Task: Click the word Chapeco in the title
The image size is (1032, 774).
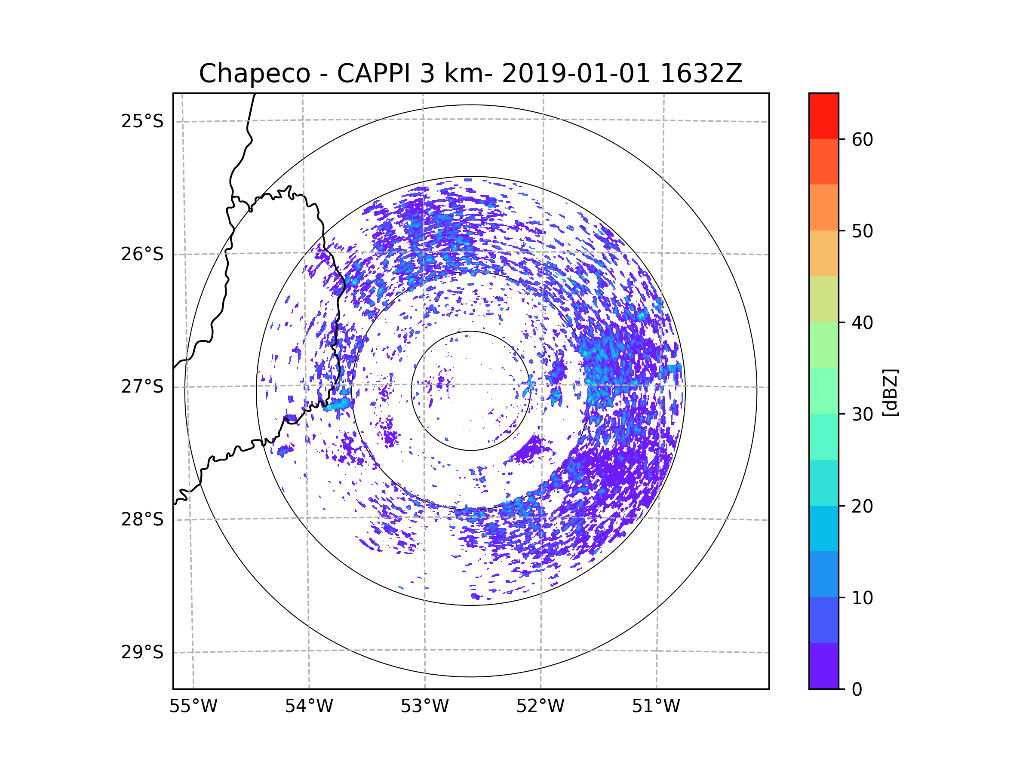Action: [255, 74]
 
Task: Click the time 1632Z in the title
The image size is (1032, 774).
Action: [701, 73]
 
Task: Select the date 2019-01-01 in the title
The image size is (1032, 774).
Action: [576, 73]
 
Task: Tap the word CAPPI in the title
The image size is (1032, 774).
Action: [374, 73]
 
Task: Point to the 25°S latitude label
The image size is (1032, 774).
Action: [142, 121]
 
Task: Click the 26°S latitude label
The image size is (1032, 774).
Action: [142, 254]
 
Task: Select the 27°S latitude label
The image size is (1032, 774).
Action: [142, 387]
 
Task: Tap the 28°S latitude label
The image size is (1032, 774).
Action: [142, 519]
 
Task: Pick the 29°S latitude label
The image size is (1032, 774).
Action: [142, 652]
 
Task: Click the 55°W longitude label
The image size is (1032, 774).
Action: [193, 706]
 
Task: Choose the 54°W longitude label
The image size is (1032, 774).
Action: [309, 706]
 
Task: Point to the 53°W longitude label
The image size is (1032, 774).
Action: [424, 706]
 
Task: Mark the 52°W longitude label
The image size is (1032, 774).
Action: [540, 706]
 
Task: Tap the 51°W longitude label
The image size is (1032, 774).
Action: [656, 706]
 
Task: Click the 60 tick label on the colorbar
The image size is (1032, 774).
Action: [862, 139]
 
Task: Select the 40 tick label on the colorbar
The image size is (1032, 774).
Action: [862, 323]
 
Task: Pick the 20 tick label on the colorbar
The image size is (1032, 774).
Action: [862, 506]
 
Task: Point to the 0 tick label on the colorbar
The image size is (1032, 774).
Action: [857, 690]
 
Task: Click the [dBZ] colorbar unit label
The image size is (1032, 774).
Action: [890, 392]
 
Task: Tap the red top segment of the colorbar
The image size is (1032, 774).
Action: [823, 116]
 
